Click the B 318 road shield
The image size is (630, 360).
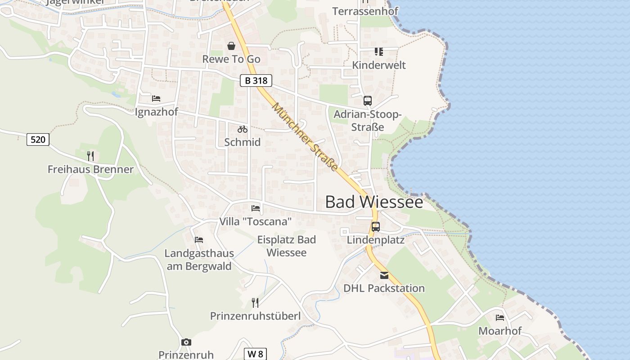pyautogui.click(x=256, y=81)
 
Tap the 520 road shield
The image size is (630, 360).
pyautogui.click(x=38, y=139)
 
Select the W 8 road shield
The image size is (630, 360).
pyautogui.click(x=255, y=354)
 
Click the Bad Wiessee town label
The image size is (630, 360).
pyautogui.click(x=374, y=202)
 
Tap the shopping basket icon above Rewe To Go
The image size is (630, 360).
pyautogui.click(x=231, y=46)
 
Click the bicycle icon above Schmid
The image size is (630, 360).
pyautogui.click(x=243, y=129)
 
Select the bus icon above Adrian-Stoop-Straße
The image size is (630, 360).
pyautogui.click(x=368, y=101)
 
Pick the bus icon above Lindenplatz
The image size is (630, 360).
pyautogui.click(x=376, y=227)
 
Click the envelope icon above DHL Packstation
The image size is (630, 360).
pyautogui.click(x=384, y=275)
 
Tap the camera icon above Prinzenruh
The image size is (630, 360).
pyautogui.click(x=186, y=342)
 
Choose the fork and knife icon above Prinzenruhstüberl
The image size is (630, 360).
pyautogui.click(x=255, y=302)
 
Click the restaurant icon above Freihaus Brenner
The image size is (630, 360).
pyautogui.click(x=90, y=156)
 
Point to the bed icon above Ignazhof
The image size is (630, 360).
pyautogui.click(x=156, y=99)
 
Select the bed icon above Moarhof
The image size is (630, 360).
pyautogui.click(x=499, y=318)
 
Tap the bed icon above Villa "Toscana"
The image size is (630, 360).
pyautogui.click(x=256, y=208)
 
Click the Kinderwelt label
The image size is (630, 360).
pyautogui.click(x=378, y=65)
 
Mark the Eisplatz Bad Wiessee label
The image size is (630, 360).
pyautogui.click(x=287, y=246)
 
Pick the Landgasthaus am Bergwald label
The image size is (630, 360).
pyautogui.click(x=199, y=260)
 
